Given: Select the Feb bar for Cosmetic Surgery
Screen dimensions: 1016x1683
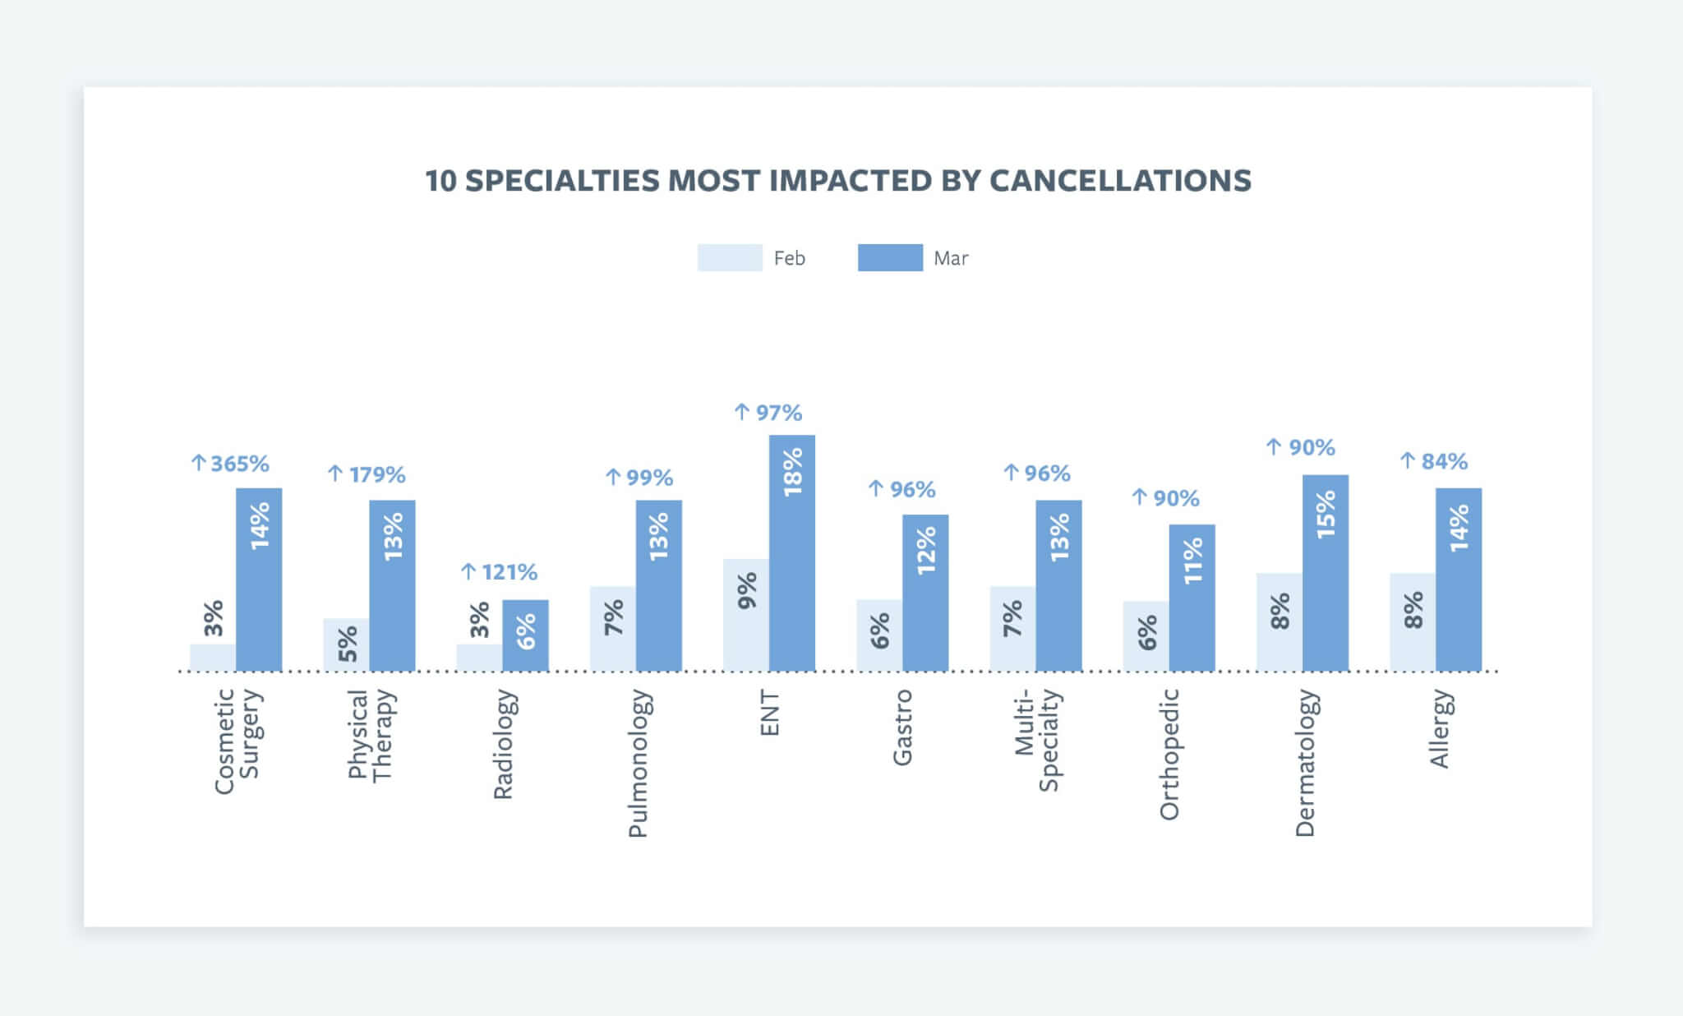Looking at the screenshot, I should [213, 658].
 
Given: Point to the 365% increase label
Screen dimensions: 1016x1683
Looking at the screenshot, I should [231, 464].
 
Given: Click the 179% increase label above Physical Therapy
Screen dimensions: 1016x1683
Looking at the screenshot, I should [367, 474].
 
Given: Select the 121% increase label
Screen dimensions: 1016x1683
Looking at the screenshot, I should [500, 571].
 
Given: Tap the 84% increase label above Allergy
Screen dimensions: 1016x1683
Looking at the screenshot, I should [1434, 461].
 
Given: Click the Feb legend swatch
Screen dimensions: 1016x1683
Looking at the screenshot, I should [730, 257].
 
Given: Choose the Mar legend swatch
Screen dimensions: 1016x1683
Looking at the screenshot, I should [890, 257].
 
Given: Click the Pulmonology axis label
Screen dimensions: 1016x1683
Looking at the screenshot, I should [639, 763].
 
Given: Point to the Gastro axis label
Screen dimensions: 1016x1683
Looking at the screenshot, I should [902, 727].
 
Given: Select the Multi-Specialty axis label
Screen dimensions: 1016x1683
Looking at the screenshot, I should [1036, 740].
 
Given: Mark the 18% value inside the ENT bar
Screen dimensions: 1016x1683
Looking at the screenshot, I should [793, 472].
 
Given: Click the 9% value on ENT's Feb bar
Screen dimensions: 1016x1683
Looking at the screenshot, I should [747, 591].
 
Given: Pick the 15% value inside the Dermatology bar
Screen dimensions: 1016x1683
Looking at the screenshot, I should [1326, 514].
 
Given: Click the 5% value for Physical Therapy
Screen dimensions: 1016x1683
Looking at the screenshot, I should [347, 644].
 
